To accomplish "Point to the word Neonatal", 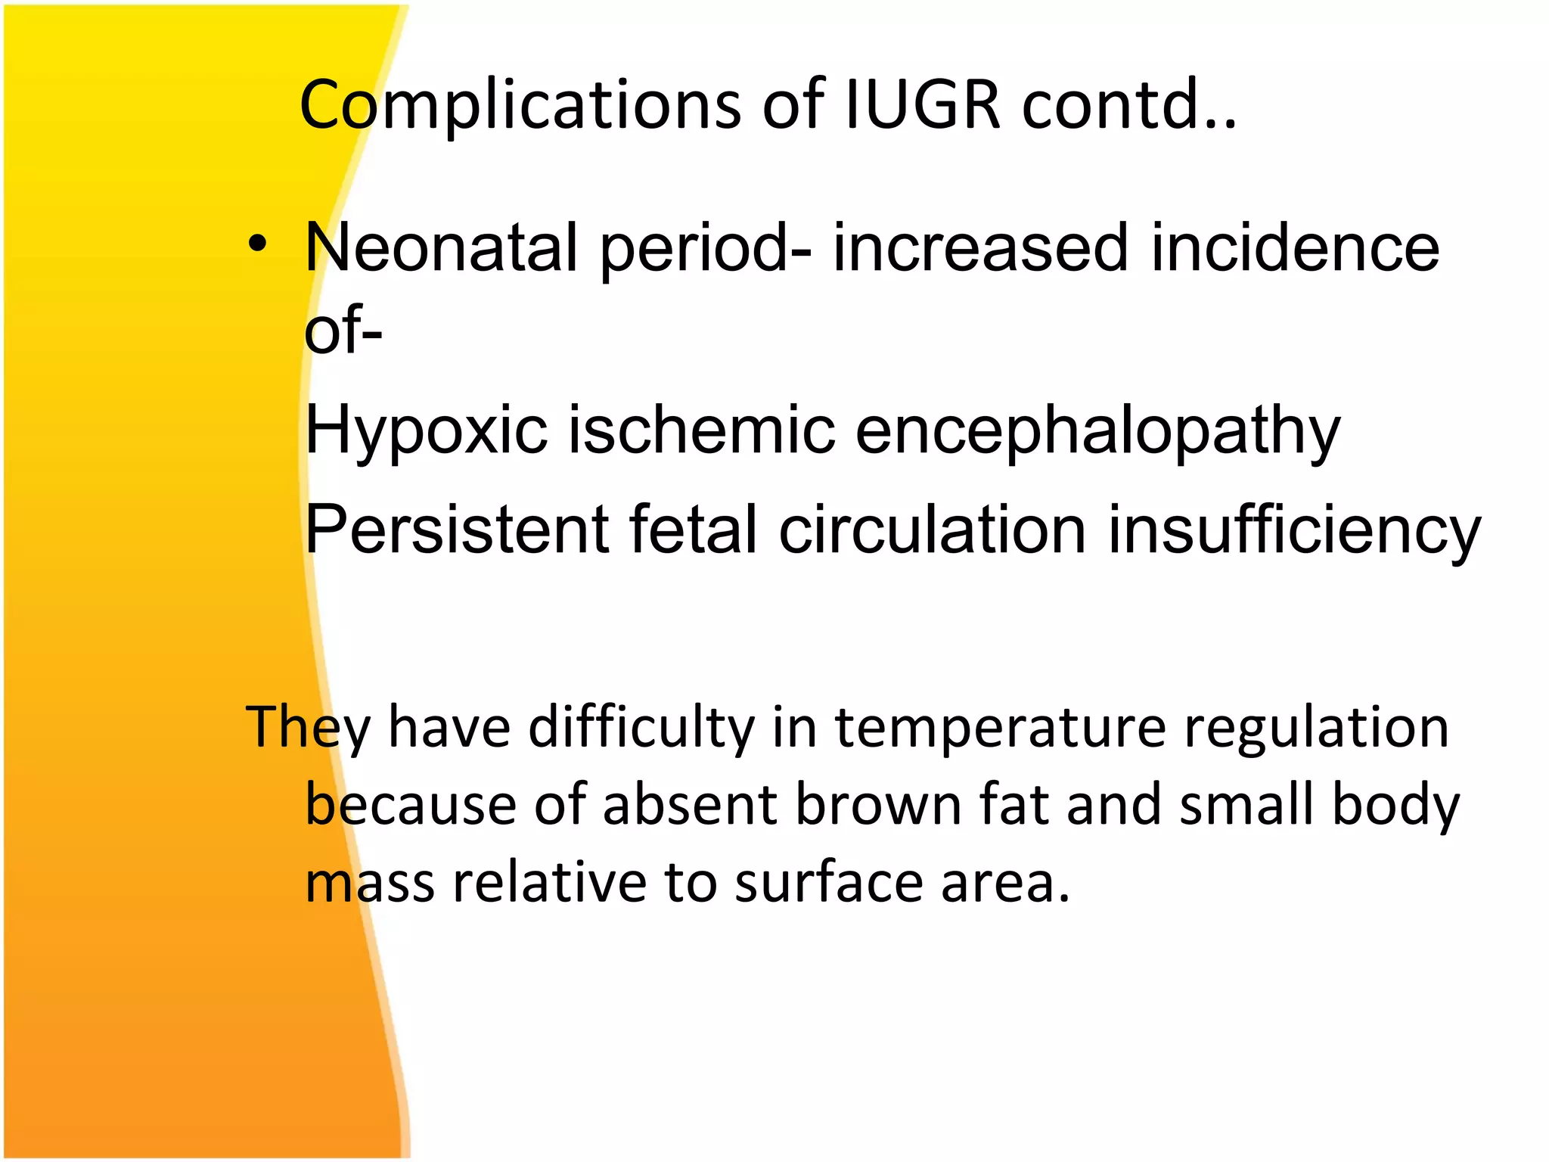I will tap(441, 248).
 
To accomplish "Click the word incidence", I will tap(1295, 248).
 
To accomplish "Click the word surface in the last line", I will tap(828, 883).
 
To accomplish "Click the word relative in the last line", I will tap(549, 883).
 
